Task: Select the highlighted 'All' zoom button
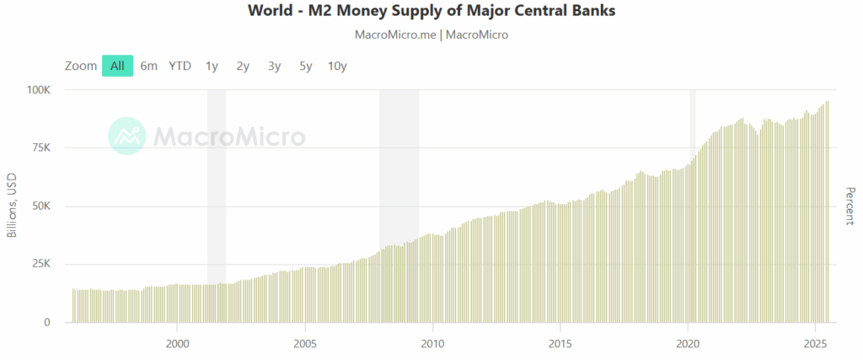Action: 117,66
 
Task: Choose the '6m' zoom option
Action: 149,66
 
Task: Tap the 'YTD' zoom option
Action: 180,66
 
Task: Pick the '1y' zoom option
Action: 212,66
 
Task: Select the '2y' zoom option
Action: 243,66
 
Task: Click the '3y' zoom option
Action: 274,66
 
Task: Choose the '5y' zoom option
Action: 305,66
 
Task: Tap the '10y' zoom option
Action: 337,66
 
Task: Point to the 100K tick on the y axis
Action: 38,89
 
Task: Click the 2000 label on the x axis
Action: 177,343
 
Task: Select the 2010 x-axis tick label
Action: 432,343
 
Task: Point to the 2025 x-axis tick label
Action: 815,343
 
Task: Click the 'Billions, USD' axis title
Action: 12,207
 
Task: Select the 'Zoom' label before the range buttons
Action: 81,66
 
